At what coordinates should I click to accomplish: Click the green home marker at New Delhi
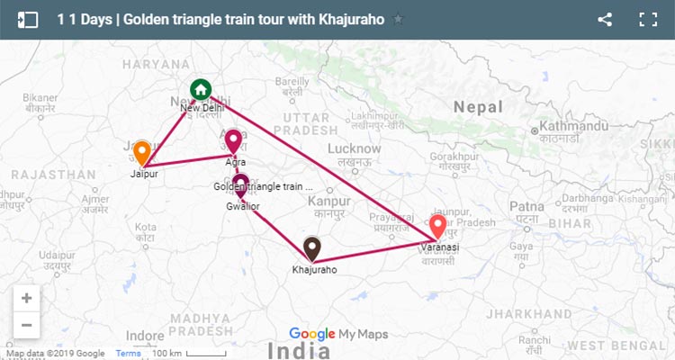tap(201, 90)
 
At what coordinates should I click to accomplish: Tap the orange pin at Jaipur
tap(142, 151)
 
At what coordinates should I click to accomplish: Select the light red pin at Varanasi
tap(438, 226)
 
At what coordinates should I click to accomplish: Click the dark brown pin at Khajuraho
tap(312, 247)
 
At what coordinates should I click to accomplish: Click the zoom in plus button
tap(26, 298)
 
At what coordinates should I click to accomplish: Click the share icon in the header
tap(605, 19)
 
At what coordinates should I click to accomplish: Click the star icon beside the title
tap(399, 19)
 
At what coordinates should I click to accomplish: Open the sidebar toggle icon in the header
tap(27, 19)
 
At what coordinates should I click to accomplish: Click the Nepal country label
tap(478, 106)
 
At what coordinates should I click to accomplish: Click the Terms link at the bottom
tap(128, 353)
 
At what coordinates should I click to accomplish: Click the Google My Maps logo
tap(338, 334)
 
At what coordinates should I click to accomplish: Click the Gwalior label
tap(243, 206)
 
